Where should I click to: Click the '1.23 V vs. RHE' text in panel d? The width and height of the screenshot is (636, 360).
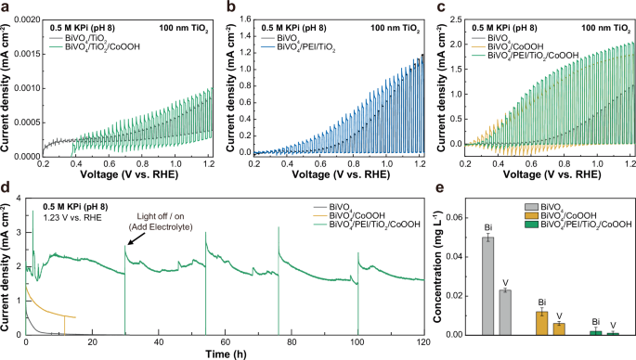57,214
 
